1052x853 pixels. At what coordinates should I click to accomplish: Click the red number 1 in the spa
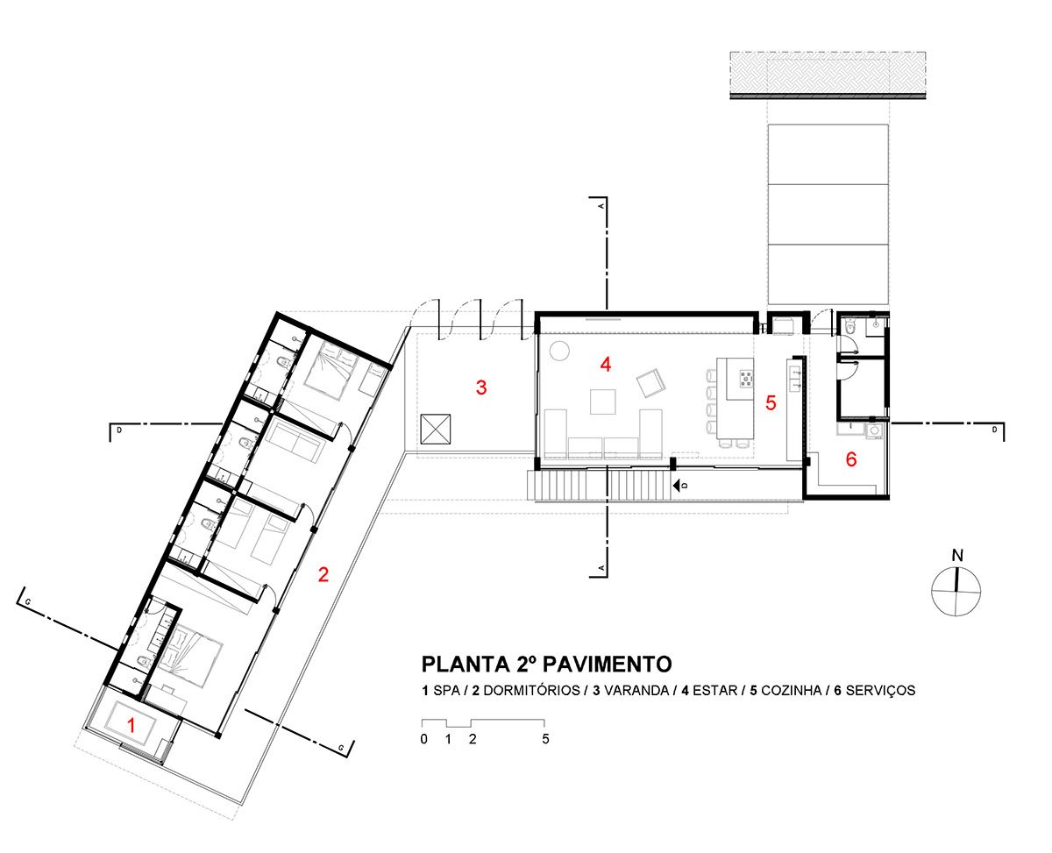coord(131,725)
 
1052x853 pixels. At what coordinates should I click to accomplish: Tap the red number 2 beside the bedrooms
coord(323,574)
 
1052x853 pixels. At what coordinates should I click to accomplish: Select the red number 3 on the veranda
coord(481,387)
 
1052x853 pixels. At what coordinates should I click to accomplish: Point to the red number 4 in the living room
coord(606,365)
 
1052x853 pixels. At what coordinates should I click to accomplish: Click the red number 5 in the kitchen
coord(771,403)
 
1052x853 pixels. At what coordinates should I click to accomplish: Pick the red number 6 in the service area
coord(851,458)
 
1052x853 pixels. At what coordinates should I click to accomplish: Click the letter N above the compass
coord(957,555)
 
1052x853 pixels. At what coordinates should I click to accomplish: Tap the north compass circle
coord(956,591)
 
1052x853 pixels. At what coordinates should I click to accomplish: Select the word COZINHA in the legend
coord(791,690)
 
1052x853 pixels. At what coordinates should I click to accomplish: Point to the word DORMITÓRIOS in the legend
coord(531,690)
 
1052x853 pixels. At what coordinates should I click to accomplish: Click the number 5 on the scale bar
coord(545,739)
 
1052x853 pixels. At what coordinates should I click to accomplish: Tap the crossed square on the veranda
coord(436,430)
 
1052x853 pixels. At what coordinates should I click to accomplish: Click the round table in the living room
coord(559,351)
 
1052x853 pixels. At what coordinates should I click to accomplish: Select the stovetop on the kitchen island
coord(746,379)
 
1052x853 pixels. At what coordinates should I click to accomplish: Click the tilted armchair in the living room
coord(650,383)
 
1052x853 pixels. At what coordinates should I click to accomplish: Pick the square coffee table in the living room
coord(602,402)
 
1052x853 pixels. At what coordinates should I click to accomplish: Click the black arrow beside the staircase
coord(676,486)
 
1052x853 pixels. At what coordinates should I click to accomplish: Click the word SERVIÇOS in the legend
coord(880,690)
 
